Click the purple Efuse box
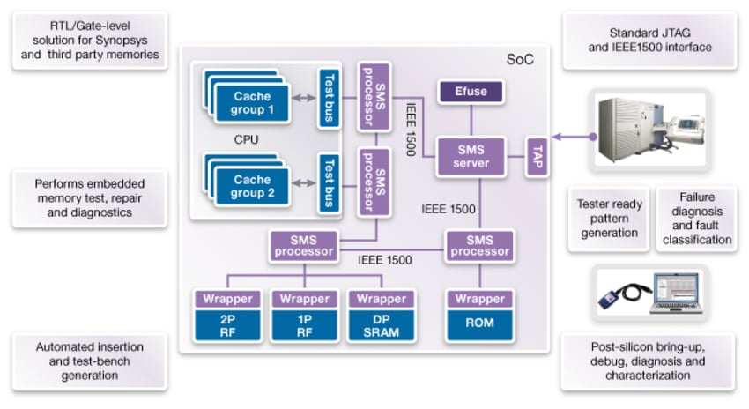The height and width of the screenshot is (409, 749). (471, 90)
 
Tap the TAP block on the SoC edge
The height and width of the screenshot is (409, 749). (537, 157)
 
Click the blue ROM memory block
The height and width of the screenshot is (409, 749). (480, 323)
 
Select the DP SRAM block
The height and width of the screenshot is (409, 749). (382, 323)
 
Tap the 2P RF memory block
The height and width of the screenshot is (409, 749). (226, 323)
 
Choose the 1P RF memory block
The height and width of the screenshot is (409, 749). (304, 323)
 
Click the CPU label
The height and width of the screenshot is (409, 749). (246, 140)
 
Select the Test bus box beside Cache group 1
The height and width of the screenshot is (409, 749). (328, 98)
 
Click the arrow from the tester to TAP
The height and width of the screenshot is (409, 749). (569, 137)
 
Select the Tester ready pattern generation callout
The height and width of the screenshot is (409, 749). (610, 219)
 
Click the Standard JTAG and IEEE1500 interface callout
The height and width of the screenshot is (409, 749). (650, 40)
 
